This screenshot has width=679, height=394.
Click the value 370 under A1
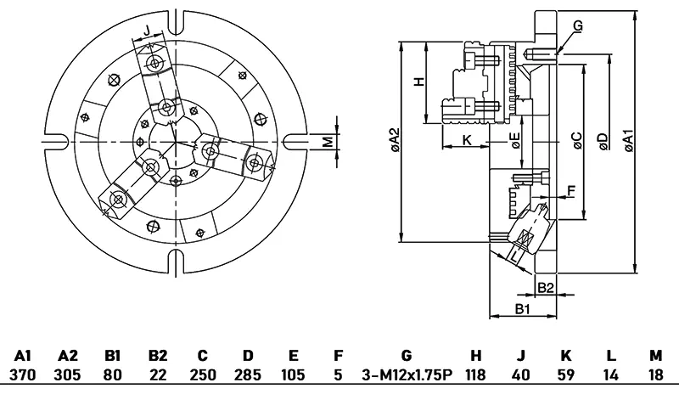tap(23, 374)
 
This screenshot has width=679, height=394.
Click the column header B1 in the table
tap(113, 356)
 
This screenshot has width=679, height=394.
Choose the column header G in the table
tap(407, 356)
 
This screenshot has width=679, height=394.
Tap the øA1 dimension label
tap(627, 141)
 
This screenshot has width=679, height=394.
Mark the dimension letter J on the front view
tap(147, 31)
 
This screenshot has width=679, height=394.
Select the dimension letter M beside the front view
tap(328, 141)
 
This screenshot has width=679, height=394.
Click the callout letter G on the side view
tap(578, 26)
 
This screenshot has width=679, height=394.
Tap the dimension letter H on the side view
tap(417, 82)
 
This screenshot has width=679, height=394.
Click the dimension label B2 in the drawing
tap(547, 287)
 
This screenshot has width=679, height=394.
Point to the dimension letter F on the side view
tap(570, 190)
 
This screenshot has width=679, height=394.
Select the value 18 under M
tap(654, 374)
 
